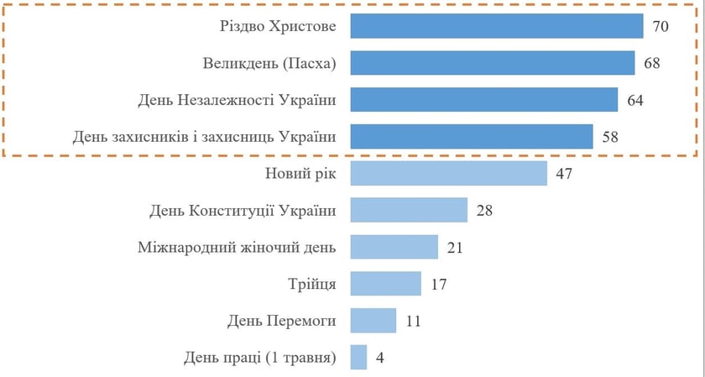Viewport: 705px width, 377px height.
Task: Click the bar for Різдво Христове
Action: click(x=497, y=27)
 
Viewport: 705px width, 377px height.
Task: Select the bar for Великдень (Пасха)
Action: click(x=493, y=64)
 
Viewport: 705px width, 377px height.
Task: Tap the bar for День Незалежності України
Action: click(x=484, y=100)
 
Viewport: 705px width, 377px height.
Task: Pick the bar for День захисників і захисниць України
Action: click(x=472, y=137)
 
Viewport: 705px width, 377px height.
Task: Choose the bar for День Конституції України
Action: click(x=409, y=210)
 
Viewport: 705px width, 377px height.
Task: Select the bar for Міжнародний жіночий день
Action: click(x=394, y=247)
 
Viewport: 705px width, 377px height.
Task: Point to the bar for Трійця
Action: click(x=385, y=284)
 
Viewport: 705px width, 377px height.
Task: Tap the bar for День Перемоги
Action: click(x=373, y=321)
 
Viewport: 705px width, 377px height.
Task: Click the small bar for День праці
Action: click(x=358, y=358)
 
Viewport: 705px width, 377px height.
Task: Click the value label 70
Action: click(x=660, y=27)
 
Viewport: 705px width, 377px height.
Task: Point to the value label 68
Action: click(x=651, y=64)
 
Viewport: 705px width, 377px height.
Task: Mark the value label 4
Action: click(x=380, y=358)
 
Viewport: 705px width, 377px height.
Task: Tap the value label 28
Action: click(x=483, y=210)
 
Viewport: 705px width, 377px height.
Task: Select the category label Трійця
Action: click(x=311, y=284)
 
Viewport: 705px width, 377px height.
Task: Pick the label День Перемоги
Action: click(x=281, y=321)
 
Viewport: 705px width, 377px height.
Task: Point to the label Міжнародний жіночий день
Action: click(x=236, y=247)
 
